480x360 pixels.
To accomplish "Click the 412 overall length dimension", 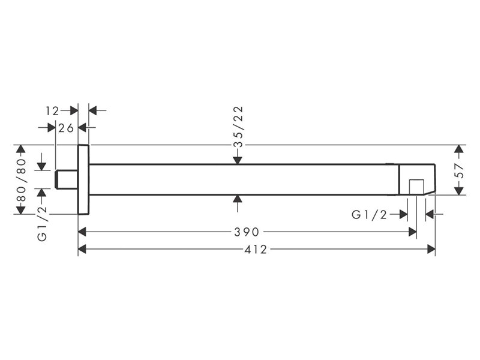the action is point(256,250).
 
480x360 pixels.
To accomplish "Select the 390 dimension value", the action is point(247,232).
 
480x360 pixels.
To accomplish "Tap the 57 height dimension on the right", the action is point(459,171).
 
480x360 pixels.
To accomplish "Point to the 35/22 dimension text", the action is point(238,127).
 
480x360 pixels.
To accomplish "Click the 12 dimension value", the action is point(52,111).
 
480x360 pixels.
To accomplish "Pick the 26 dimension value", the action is point(66,128).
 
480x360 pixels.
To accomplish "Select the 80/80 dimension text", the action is point(22,179).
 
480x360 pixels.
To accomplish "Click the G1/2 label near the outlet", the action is point(369,215).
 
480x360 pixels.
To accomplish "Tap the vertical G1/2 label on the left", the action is point(42,223).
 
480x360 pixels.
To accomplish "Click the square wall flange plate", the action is point(83,179).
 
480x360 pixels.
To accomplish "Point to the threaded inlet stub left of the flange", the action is point(67,179).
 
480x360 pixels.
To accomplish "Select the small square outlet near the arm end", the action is point(416,187).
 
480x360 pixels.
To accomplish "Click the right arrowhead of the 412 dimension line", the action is point(431,250).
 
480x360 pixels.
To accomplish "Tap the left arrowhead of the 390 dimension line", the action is point(82,232).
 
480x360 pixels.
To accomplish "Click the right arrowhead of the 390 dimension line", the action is point(413,232).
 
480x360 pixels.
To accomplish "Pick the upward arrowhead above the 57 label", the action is point(458,149).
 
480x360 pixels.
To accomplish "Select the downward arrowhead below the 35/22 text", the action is point(238,160).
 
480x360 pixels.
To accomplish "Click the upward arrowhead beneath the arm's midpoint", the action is point(238,199).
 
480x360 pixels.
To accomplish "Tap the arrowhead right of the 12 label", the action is point(74,110).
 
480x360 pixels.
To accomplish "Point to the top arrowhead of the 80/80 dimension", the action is point(21,149).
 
